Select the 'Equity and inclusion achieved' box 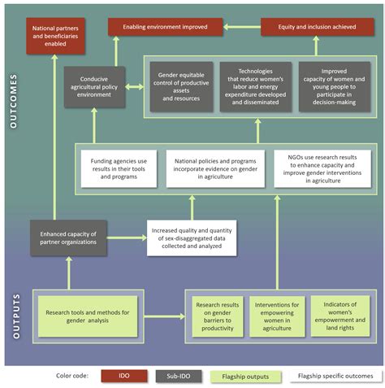[312, 28]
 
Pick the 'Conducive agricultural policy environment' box [95, 86]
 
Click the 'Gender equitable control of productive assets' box [181, 85]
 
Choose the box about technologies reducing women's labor [256, 85]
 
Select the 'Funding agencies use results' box [119, 169]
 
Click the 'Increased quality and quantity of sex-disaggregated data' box [192, 238]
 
